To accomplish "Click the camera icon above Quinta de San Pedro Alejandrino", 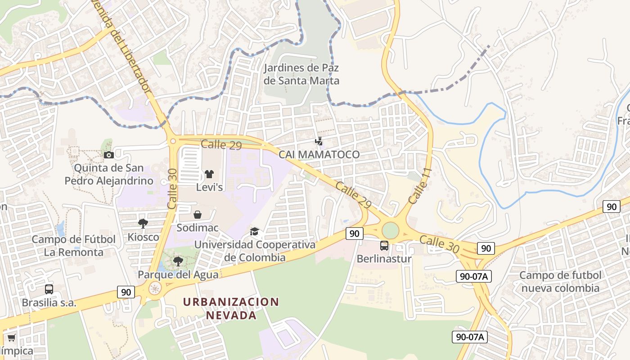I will (x=108, y=155).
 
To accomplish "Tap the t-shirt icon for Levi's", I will (x=209, y=174).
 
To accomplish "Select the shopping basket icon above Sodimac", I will (x=197, y=215).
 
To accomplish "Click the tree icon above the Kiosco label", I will (x=143, y=223).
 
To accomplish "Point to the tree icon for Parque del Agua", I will (x=178, y=261).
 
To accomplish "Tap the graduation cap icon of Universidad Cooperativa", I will (x=255, y=232).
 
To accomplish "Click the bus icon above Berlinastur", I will (x=384, y=246).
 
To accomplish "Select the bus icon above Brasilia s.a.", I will (x=49, y=289).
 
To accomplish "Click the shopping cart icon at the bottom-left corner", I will (x=11, y=337).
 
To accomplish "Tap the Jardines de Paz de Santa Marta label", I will (x=301, y=74).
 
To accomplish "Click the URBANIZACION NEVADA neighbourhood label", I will (x=231, y=308).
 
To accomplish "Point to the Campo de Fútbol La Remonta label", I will (x=73, y=246).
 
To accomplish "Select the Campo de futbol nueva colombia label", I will (x=560, y=282).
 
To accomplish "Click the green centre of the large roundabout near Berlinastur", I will (x=390, y=230).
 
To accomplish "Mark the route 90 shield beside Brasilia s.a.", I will (x=126, y=292).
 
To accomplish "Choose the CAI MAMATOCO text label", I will (x=319, y=154).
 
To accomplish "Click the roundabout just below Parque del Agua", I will (x=155, y=288).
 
